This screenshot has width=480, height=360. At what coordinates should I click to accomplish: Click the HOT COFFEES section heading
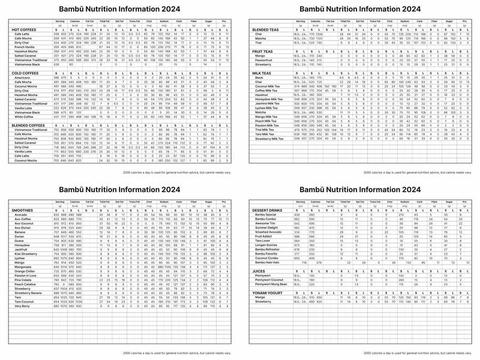23,29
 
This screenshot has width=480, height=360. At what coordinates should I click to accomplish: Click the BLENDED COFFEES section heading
29,125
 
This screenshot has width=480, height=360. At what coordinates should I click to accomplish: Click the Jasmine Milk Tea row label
269,103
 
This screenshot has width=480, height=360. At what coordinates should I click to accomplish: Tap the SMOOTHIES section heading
23,211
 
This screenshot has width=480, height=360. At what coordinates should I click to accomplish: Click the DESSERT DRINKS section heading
268,211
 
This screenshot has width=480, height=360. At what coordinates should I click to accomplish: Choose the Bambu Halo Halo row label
267,262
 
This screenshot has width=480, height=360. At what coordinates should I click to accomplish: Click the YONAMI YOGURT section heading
268,292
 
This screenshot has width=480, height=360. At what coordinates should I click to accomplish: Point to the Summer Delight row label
266,227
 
